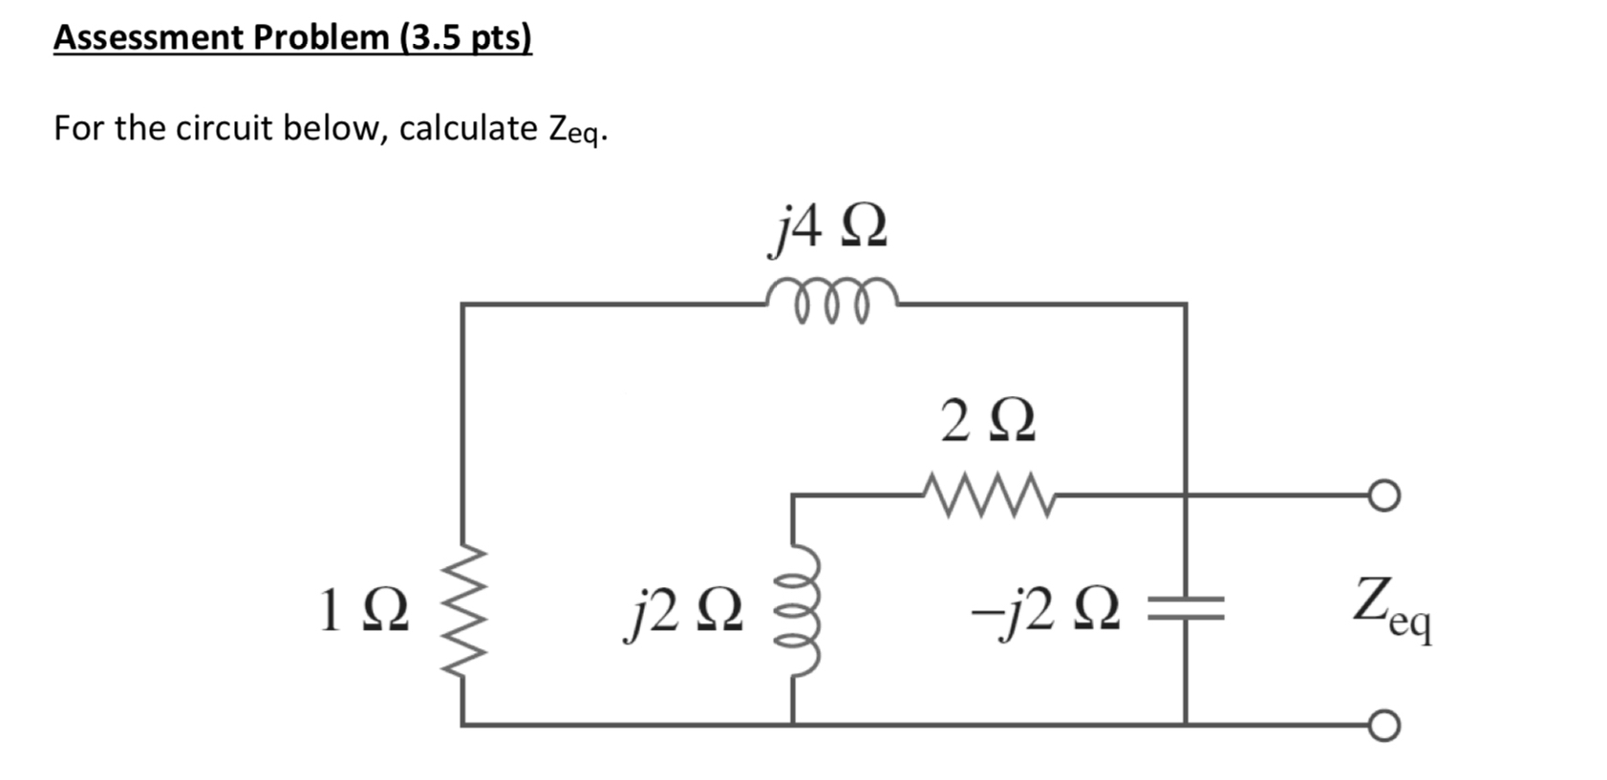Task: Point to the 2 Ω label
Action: [x=987, y=422]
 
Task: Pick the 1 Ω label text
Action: [x=364, y=612]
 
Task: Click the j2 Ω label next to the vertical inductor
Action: [x=682, y=612]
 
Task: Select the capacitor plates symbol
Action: [x=1186, y=608]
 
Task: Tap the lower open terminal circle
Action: [x=1384, y=727]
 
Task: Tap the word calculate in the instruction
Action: [x=468, y=128]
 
